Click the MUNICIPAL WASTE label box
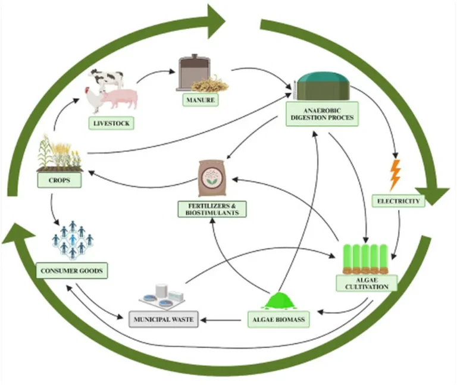[x=164, y=320]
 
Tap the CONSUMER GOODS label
[x=71, y=271]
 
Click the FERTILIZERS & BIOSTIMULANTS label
[x=212, y=208]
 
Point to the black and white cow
[x=108, y=79]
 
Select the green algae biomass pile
[x=277, y=301]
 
